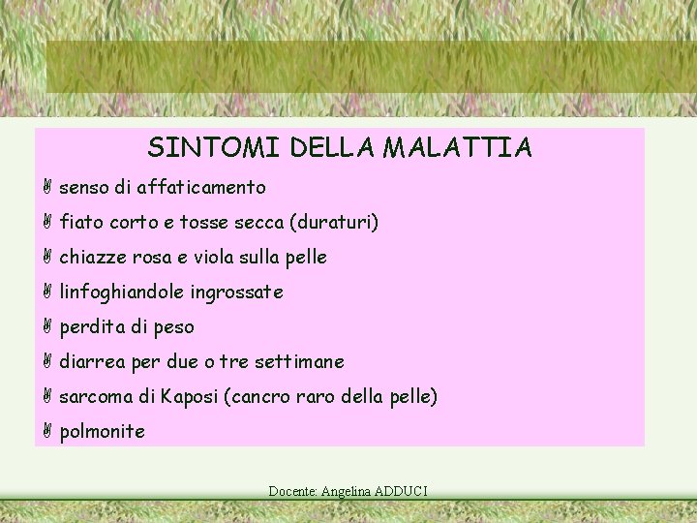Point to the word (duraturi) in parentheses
coord(334,223)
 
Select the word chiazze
coord(92,257)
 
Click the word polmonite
coord(102,432)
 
